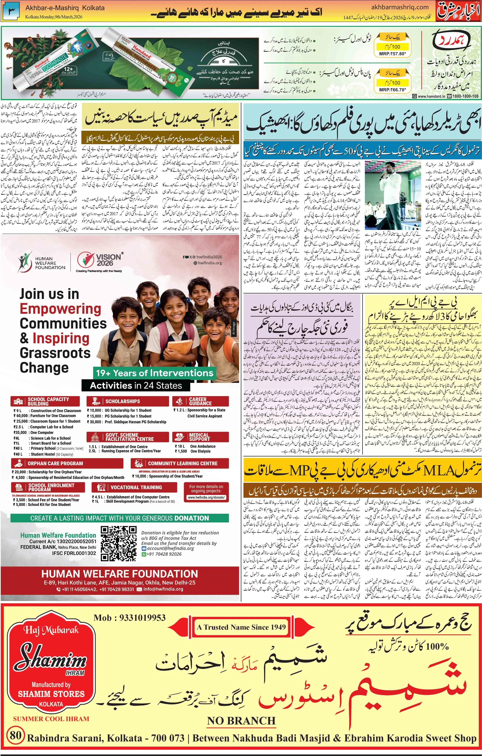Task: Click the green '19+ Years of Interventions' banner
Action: (x=154, y=373)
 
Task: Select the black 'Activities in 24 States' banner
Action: (x=136, y=386)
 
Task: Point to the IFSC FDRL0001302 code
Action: (x=74, y=553)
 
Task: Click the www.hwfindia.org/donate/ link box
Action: (x=206, y=497)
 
